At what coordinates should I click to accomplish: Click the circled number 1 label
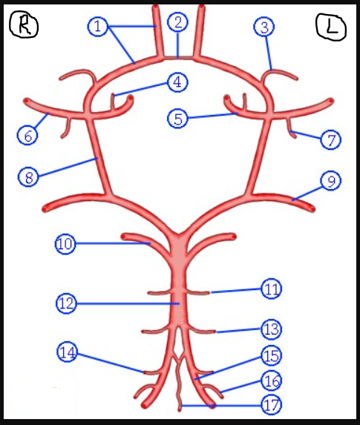98,27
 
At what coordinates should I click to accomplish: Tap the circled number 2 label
177,22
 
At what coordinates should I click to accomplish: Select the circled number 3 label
264,27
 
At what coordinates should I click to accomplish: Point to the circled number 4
177,82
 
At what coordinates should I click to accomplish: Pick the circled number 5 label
177,119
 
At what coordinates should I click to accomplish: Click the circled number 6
27,135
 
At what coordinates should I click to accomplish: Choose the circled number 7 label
331,140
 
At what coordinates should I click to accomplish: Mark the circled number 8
28,177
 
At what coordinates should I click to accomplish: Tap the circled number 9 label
331,181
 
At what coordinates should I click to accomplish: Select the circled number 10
65,244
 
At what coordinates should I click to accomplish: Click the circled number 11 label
271,289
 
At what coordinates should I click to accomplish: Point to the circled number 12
67,303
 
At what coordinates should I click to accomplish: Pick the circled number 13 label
271,329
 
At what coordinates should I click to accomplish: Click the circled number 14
68,352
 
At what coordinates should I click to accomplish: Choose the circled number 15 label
271,355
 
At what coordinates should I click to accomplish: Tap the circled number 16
271,380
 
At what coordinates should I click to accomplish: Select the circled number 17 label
271,405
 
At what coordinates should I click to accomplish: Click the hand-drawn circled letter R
24,24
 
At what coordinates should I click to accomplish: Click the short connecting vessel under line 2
178,59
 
